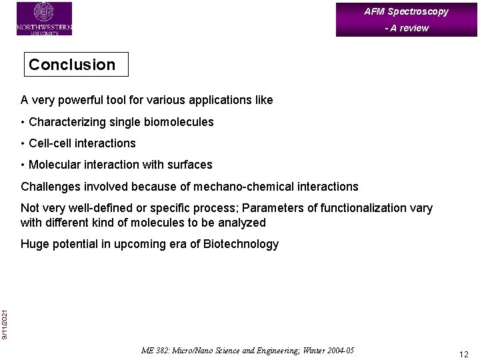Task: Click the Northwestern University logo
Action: click(x=44, y=19)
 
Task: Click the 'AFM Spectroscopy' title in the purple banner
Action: click(x=406, y=11)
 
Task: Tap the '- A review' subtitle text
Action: click(x=406, y=28)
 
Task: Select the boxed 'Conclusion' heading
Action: click(x=72, y=65)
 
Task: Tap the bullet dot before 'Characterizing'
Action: click(x=23, y=122)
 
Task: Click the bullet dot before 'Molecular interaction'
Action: click(x=23, y=165)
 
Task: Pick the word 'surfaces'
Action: click(x=190, y=165)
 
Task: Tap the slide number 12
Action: click(x=463, y=354)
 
